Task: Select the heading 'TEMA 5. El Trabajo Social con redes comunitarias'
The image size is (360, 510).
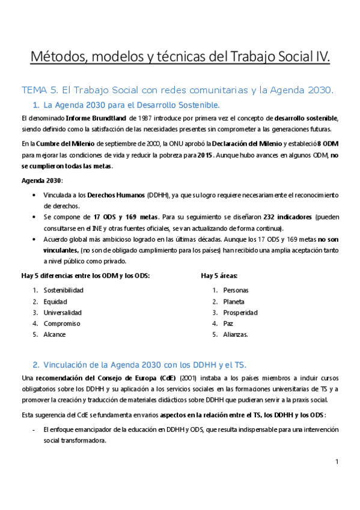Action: click(x=177, y=90)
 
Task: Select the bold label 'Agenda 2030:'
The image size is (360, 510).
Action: click(x=41, y=181)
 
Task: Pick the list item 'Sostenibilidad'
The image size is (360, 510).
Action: click(x=63, y=290)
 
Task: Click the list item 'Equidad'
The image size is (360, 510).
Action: click(x=55, y=301)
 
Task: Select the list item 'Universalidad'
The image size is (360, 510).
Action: click(x=63, y=312)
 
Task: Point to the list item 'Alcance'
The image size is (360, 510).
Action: click(x=54, y=334)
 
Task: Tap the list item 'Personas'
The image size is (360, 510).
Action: click(x=236, y=290)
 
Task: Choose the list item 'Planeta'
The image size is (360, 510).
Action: click(x=234, y=301)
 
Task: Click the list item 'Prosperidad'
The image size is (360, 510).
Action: click(x=240, y=312)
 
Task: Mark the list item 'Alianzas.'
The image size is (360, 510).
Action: click(x=236, y=334)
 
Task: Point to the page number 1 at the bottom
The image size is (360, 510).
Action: click(x=337, y=461)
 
